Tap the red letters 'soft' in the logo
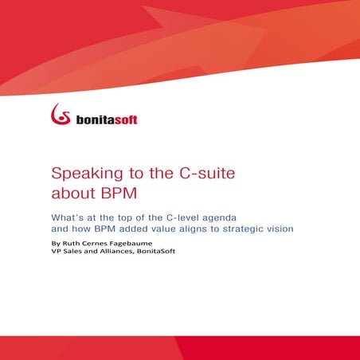(x=123, y=119)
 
